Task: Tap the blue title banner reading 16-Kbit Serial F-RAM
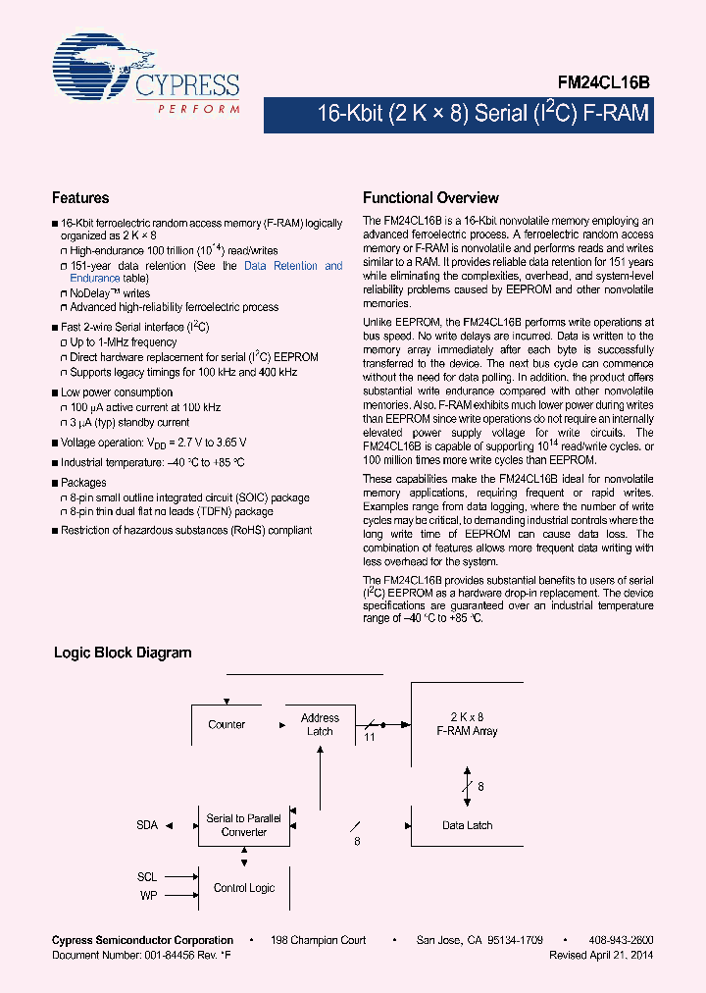pyautogui.click(x=482, y=115)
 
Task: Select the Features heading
pyautogui.click(x=80, y=197)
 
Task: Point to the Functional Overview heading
pyautogui.click(x=430, y=197)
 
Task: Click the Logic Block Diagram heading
pyautogui.click(x=123, y=653)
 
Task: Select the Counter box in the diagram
pyautogui.click(x=227, y=725)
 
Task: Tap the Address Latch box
pyautogui.click(x=320, y=725)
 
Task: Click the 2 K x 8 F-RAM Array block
pyautogui.click(x=467, y=725)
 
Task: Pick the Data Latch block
pyautogui.click(x=467, y=825)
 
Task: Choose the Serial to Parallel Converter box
pyautogui.click(x=243, y=825)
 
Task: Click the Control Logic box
pyautogui.click(x=244, y=888)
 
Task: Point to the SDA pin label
pyautogui.click(x=147, y=825)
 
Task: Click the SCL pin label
pyautogui.click(x=146, y=876)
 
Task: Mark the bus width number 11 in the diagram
pyautogui.click(x=370, y=735)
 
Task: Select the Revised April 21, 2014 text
pyautogui.click(x=601, y=955)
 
